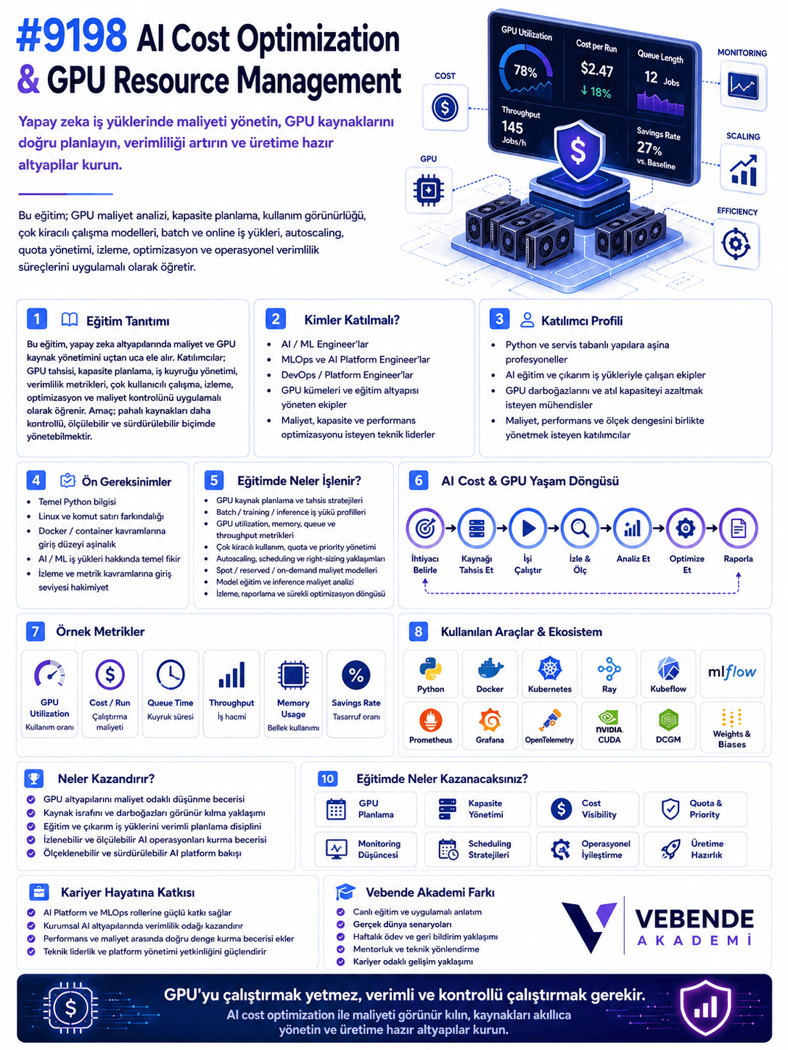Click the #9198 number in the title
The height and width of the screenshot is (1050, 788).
point(73,37)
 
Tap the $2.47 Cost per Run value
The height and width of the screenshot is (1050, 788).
point(596,70)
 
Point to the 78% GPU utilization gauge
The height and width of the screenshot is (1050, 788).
point(525,70)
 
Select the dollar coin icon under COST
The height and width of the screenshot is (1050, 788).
point(445,107)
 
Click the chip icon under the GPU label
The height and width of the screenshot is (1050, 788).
point(428,191)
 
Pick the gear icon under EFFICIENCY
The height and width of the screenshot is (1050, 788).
point(735,244)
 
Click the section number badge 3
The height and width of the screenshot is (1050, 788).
point(499,319)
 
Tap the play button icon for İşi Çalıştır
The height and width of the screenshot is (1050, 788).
point(528,528)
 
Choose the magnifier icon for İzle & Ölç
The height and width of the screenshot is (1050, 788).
point(580,528)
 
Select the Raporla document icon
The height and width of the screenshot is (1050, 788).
point(738,528)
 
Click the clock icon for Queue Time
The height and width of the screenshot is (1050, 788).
point(171,674)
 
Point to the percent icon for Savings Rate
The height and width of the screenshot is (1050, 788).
point(356,675)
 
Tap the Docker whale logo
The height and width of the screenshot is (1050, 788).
point(490,669)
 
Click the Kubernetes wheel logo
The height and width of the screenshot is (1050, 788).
point(550,668)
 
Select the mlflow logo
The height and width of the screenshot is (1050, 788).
point(732,672)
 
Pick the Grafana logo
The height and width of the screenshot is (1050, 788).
point(490,720)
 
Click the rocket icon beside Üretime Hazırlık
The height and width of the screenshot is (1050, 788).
point(670,850)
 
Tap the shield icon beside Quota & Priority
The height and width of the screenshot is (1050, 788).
point(670,809)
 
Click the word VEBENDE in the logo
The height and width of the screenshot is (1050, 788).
point(694,919)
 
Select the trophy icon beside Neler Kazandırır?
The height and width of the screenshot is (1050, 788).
point(34,779)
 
